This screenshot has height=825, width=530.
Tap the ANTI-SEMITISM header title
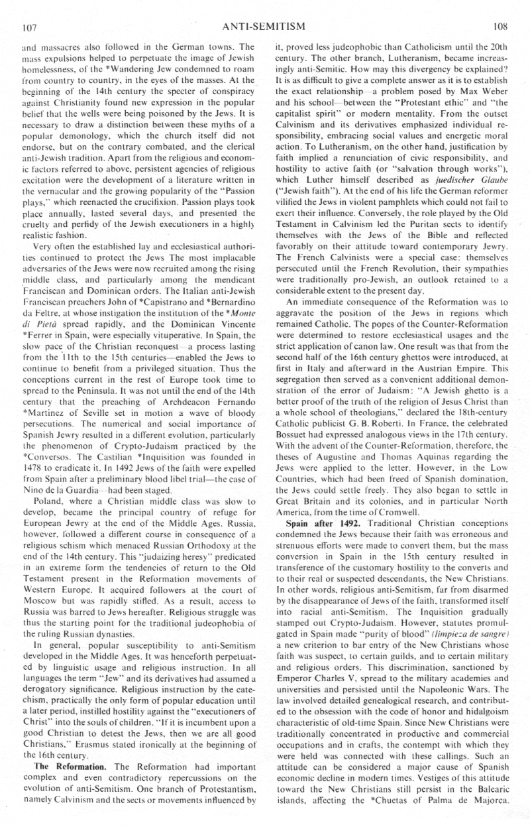point(265,27)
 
